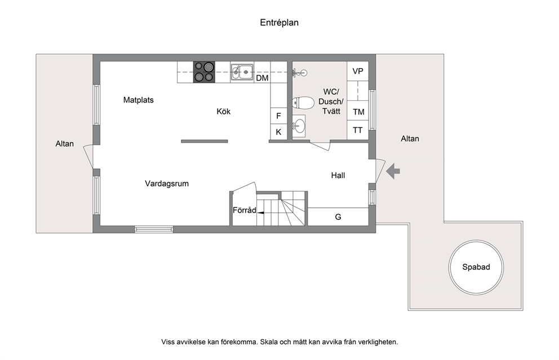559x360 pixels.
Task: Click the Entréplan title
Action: tap(279, 23)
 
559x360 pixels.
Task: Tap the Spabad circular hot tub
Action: tap(476, 267)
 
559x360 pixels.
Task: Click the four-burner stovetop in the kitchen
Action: tap(205, 72)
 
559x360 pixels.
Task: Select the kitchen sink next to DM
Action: tap(242, 72)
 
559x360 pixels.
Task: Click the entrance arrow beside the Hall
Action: tap(393, 171)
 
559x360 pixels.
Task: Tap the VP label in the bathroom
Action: tap(358, 71)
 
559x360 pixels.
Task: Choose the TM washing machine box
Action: tap(358, 112)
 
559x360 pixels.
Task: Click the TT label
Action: tap(358, 131)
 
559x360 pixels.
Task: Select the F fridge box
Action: tap(279, 116)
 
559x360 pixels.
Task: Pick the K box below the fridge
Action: tap(279, 132)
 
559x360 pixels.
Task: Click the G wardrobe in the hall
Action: tap(338, 217)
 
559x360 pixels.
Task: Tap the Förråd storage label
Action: tap(245, 210)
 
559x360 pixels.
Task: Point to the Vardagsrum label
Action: tap(167, 184)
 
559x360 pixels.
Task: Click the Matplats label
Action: tap(138, 100)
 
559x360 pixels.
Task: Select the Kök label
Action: tap(224, 112)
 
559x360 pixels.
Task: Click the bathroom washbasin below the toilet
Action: tap(299, 126)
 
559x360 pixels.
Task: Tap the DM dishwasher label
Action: tap(263, 78)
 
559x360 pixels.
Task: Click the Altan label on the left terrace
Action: tap(65, 144)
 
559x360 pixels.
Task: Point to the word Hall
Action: tap(338, 175)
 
